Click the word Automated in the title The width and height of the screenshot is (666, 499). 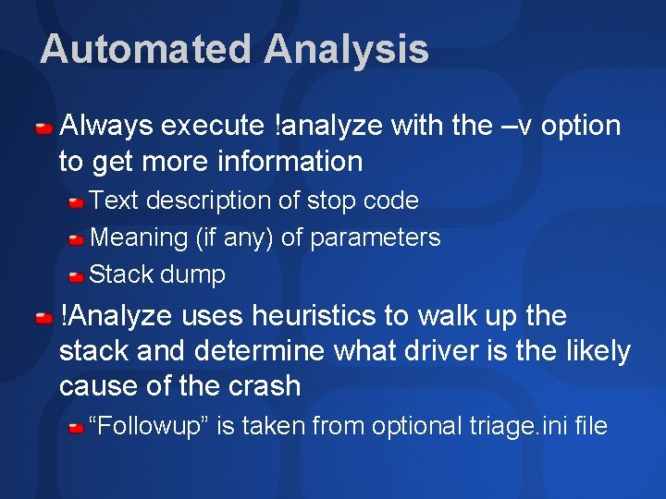point(145,49)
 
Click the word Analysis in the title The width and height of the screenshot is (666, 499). point(346,49)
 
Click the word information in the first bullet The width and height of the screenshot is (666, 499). point(290,162)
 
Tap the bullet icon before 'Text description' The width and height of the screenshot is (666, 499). point(77,201)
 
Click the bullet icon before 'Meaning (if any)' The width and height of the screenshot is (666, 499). point(77,238)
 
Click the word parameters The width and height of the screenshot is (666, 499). point(375,237)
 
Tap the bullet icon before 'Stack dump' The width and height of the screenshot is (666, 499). point(77,275)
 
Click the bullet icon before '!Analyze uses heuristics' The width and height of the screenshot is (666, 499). point(43,318)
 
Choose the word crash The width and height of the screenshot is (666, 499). point(261,386)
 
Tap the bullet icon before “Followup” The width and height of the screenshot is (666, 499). point(77,427)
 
